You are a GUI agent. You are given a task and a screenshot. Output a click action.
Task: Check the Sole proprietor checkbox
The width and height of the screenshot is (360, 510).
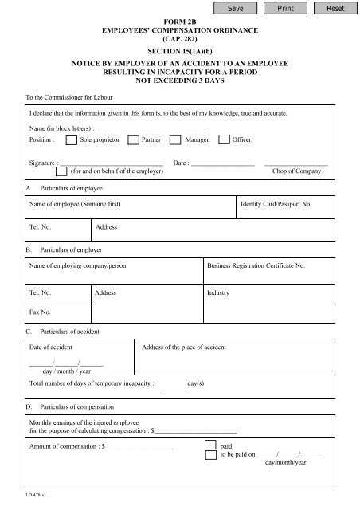coord(72,139)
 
